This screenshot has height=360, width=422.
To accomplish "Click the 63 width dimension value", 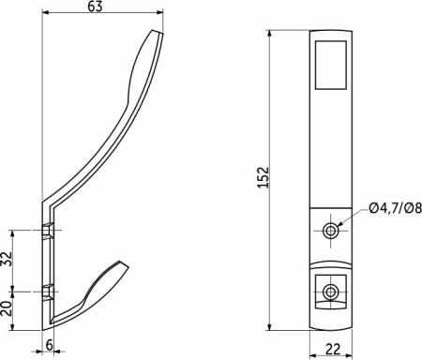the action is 95,6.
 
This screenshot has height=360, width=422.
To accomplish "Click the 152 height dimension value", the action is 264,177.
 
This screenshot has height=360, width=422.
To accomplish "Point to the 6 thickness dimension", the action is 49,345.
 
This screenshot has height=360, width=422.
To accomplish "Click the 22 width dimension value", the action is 333,349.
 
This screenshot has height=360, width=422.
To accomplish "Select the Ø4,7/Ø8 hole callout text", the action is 395,208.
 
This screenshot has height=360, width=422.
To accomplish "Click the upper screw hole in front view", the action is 330,231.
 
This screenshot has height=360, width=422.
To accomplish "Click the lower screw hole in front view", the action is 330,292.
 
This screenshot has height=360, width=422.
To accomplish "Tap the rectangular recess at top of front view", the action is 330,65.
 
